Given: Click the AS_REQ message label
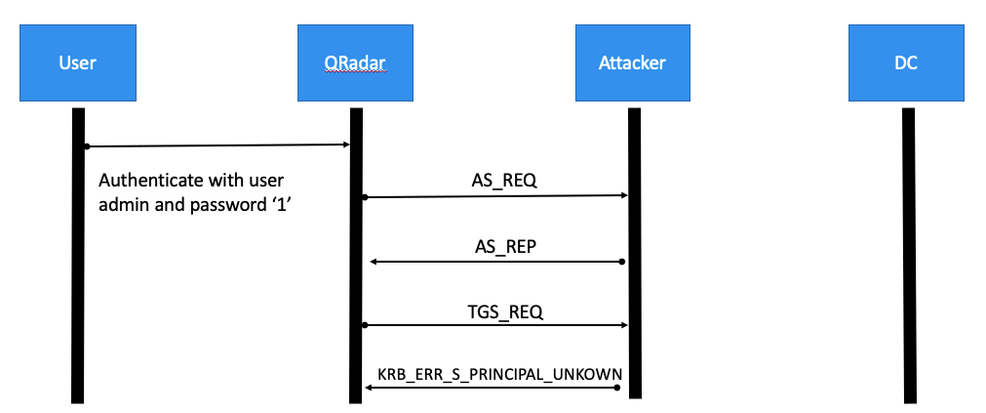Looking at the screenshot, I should click(x=503, y=181).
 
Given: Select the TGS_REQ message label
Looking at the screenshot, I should click(x=503, y=311).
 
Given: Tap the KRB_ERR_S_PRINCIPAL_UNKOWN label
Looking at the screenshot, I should click(x=500, y=373).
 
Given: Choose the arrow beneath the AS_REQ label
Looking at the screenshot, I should click(x=495, y=196).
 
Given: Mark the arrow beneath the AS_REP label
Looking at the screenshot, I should click(x=495, y=262).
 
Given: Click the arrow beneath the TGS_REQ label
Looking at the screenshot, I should click(x=495, y=325).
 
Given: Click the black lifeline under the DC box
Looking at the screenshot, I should click(x=908, y=254).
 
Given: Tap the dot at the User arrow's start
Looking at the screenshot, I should click(x=86, y=146).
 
